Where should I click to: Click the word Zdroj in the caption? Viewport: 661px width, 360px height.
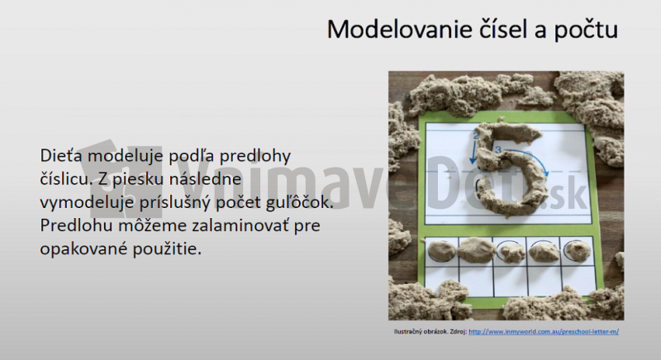[455, 332]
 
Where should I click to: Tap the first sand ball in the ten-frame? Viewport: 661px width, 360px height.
[440, 249]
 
